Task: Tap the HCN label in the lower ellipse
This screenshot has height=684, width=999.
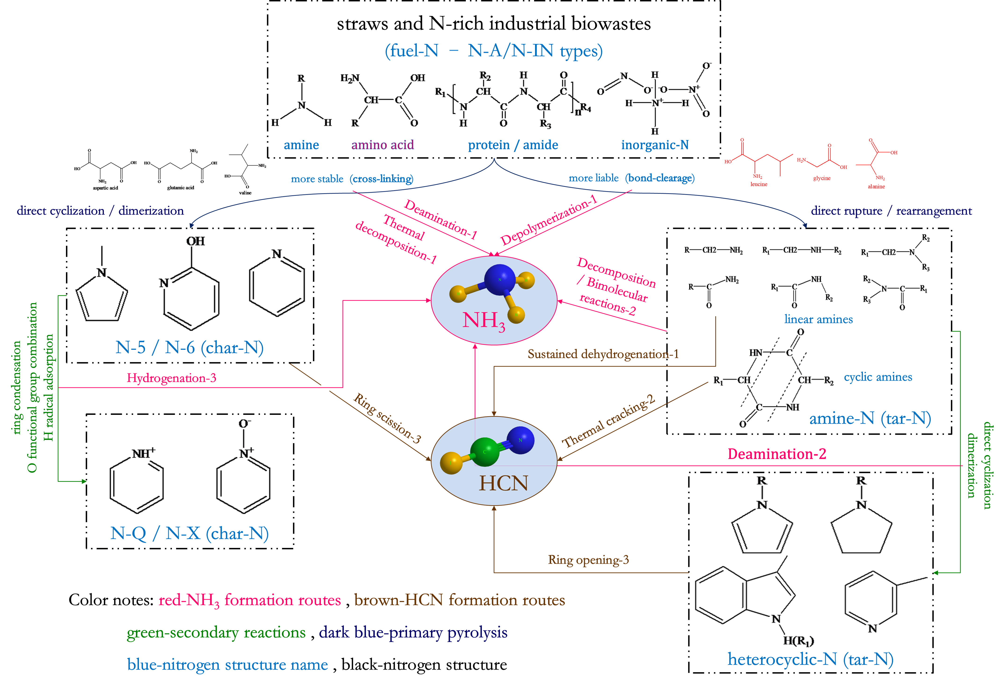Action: click(503, 483)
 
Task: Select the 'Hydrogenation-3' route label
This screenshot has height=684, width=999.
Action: click(171, 378)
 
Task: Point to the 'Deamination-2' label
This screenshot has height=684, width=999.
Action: click(776, 454)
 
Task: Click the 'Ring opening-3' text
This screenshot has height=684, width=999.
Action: click(588, 560)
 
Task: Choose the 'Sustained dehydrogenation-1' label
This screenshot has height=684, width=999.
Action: click(603, 354)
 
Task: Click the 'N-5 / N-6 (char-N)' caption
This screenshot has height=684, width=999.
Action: click(189, 347)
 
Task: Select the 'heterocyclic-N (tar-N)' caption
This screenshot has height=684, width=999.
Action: click(810, 659)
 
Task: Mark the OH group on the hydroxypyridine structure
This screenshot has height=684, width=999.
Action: click(195, 241)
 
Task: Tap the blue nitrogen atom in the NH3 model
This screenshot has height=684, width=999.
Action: click(499, 279)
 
